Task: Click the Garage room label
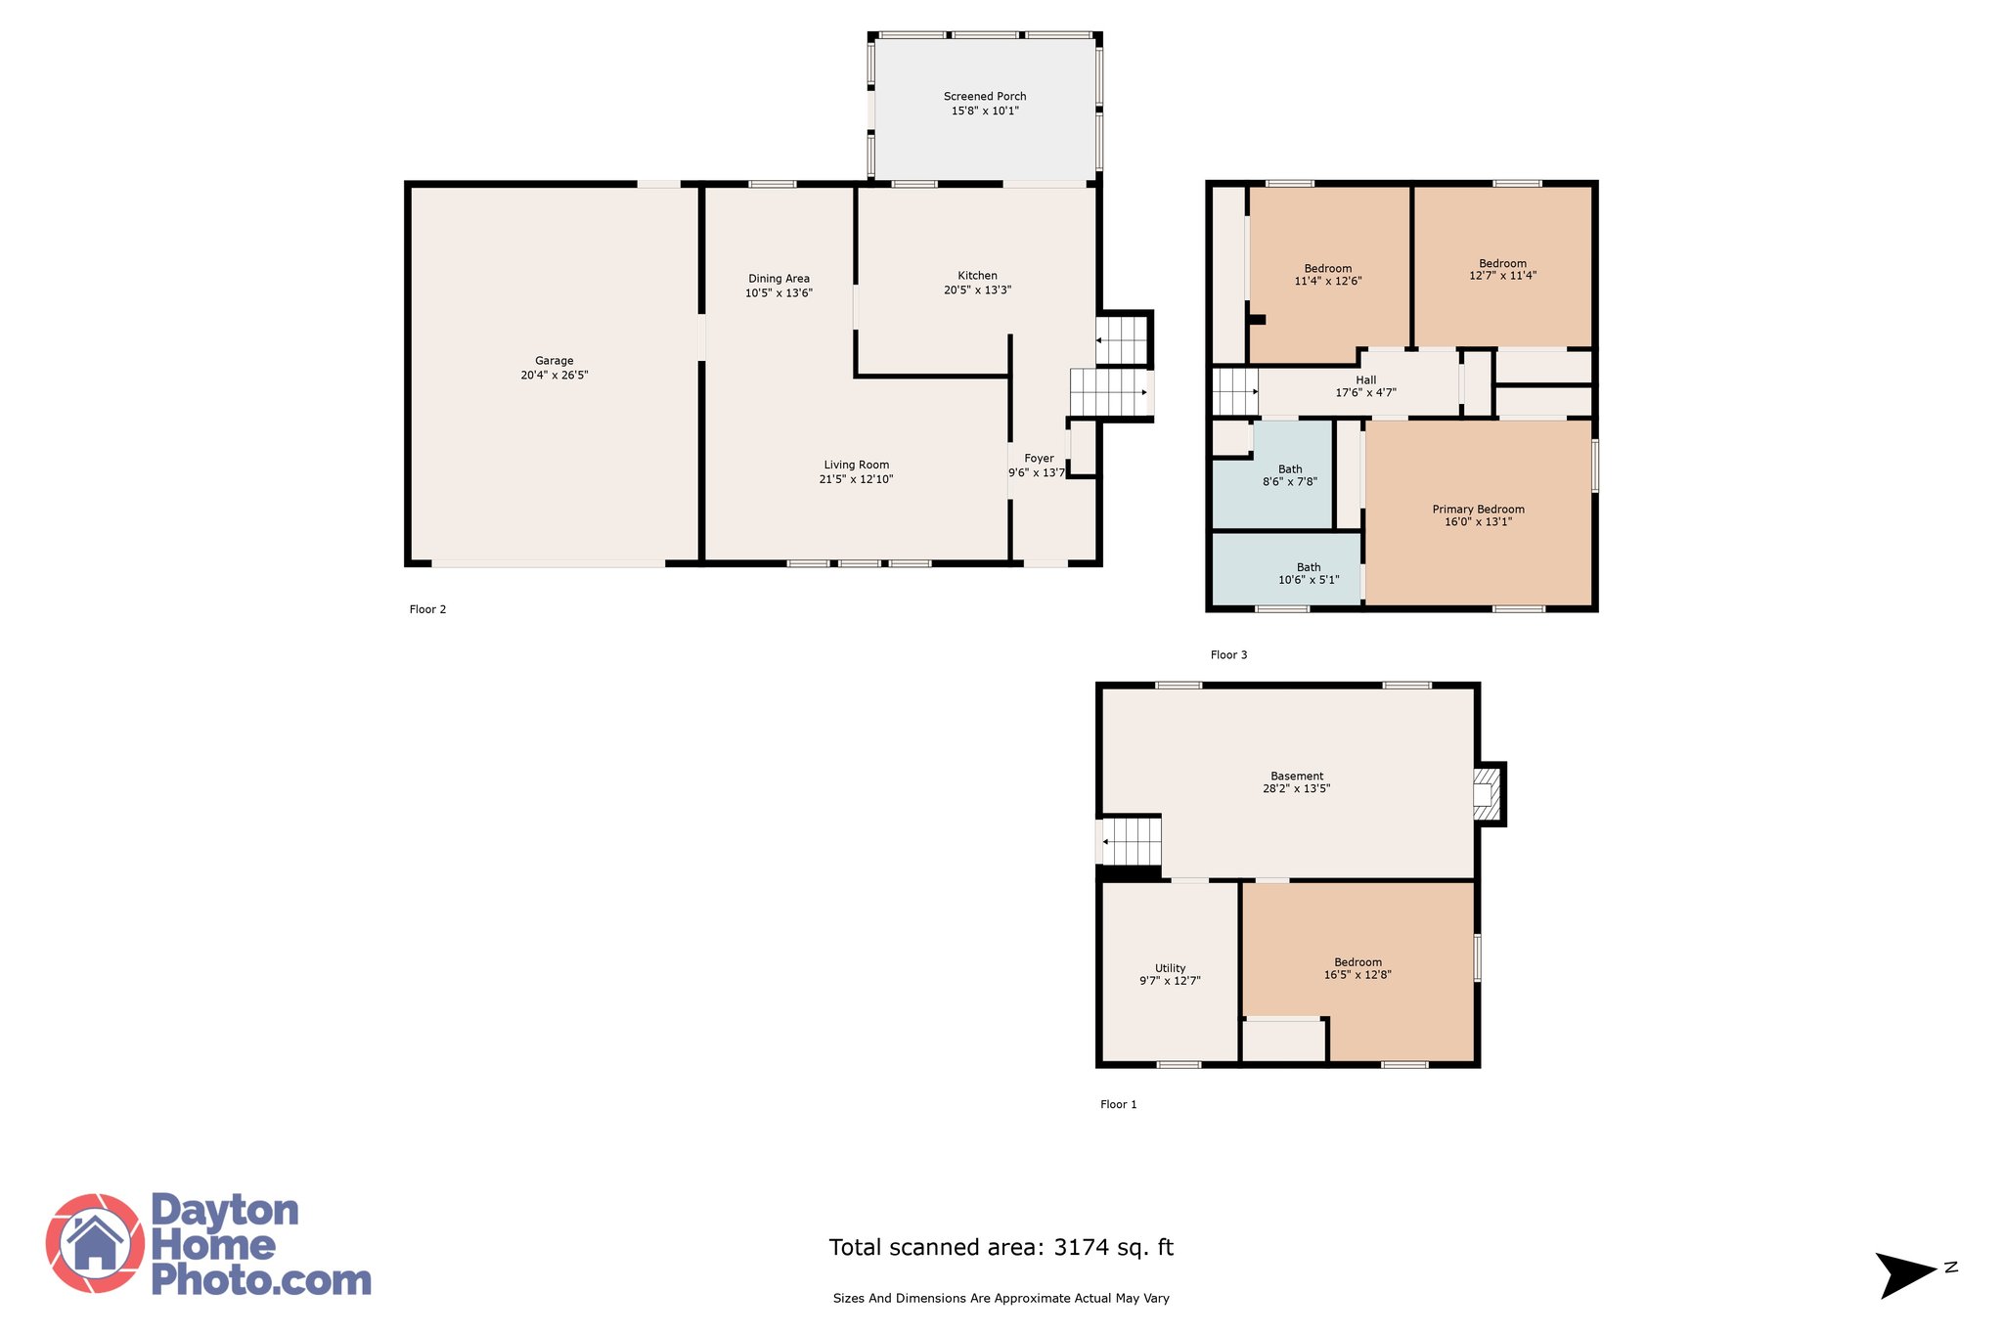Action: click(554, 361)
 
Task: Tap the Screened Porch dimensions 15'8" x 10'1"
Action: click(985, 111)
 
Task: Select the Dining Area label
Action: click(779, 279)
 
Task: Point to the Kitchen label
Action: click(977, 276)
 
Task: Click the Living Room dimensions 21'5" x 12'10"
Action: click(856, 479)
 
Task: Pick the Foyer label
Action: click(1039, 458)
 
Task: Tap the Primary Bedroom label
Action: click(1478, 510)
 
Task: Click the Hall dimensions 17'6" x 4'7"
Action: click(1365, 393)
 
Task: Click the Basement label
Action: click(1297, 777)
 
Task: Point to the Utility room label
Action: click(1170, 968)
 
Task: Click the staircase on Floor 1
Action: click(1132, 841)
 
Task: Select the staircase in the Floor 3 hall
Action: click(1235, 391)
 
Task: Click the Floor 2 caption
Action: click(427, 609)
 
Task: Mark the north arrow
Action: click(1905, 1275)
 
